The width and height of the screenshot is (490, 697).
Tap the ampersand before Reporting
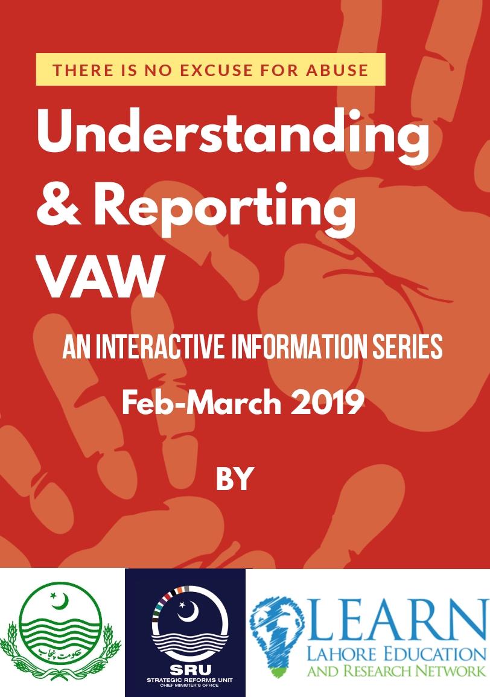(x=59, y=205)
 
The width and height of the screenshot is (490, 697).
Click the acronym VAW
(x=101, y=276)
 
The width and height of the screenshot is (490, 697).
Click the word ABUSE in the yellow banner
(x=337, y=70)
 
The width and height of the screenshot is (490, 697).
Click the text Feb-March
(x=202, y=403)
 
